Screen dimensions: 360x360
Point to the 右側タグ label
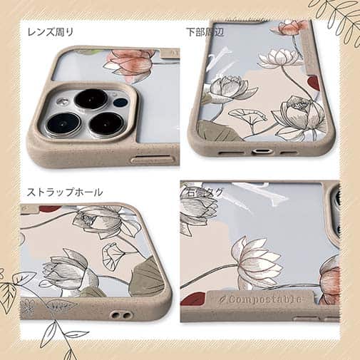tap(205, 192)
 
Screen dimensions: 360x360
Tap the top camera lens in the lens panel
tap(91, 98)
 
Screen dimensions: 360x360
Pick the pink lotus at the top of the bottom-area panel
tap(292, 28)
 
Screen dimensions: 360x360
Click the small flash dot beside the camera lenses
tap(119, 101)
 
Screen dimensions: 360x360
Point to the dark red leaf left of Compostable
tap(193, 299)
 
